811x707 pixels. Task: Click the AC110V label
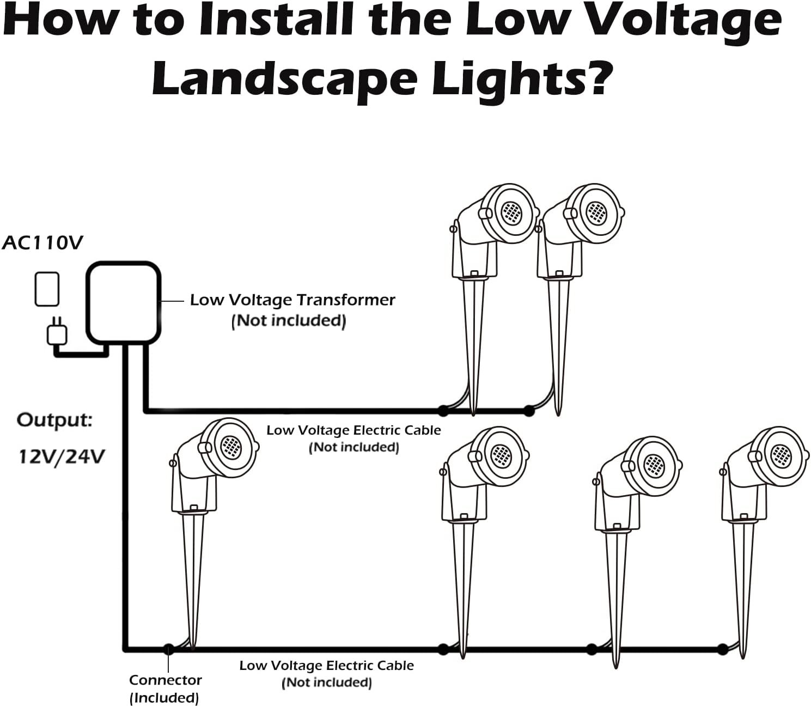[42, 243]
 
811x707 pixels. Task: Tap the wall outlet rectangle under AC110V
[47, 289]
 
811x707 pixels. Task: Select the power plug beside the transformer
[57, 332]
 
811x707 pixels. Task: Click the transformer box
[124, 302]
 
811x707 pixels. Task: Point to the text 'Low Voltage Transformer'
[292, 300]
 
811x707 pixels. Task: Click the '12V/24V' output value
[62, 456]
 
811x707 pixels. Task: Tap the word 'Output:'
[54, 420]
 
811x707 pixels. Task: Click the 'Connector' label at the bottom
[165, 680]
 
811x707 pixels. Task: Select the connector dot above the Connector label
[168, 649]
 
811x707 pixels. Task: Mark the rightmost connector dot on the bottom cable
[722, 649]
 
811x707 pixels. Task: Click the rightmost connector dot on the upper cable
[528, 411]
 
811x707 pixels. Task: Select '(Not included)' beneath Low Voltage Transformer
[289, 321]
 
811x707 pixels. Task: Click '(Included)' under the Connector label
[164, 698]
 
